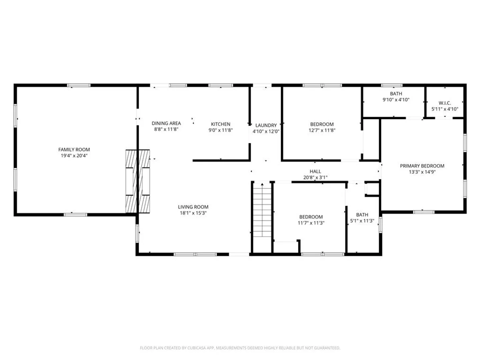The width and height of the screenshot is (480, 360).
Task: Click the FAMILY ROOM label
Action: click(x=74, y=150)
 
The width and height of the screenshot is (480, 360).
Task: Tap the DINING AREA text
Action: click(x=166, y=123)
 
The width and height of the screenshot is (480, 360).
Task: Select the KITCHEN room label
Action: click(x=220, y=124)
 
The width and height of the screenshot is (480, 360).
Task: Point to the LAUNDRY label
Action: click(x=266, y=125)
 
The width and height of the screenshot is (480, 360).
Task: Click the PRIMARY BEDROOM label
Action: click(x=422, y=166)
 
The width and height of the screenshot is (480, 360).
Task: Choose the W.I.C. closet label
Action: click(x=445, y=103)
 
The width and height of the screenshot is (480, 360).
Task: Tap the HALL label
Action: click(x=315, y=171)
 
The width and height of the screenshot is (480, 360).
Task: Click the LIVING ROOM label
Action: click(x=193, y=207)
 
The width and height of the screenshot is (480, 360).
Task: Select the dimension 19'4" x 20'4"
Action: click(x=74, y=156)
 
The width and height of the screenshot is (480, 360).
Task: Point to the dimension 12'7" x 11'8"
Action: click(x=322, y=130)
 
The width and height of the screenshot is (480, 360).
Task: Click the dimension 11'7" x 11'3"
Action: click(x=311, y=223)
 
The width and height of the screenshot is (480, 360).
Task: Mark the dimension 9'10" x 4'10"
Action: click(x=396, y=100)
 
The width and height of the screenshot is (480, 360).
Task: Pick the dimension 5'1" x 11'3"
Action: click(x=362, y=221)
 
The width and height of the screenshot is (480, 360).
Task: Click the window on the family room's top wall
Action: click(x=79, y=85)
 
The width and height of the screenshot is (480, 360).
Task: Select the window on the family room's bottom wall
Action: click(x=75, y=215)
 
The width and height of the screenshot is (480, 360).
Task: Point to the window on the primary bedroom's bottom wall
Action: click(x=424, y=212)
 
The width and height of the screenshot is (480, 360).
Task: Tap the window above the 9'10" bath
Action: click(x=392, y=85)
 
